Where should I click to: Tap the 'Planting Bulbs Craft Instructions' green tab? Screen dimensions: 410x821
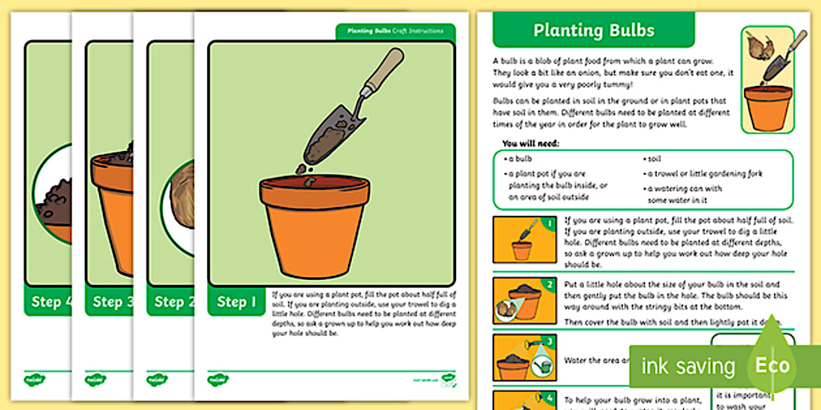tap(395, 31)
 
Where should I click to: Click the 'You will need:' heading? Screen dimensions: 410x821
tap(530, 143)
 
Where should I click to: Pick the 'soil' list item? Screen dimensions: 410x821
tap(654, 159)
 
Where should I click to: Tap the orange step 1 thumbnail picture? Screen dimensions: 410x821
tap(525, 239)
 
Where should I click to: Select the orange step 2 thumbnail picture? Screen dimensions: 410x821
tap(525, 300)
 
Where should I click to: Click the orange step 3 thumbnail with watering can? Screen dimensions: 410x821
tap(525, 357)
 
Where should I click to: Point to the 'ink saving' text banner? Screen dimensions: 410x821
tap(687, 366)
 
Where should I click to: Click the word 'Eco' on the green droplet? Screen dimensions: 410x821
tap(772, 365)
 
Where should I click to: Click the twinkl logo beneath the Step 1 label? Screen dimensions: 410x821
tap(218, 379)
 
